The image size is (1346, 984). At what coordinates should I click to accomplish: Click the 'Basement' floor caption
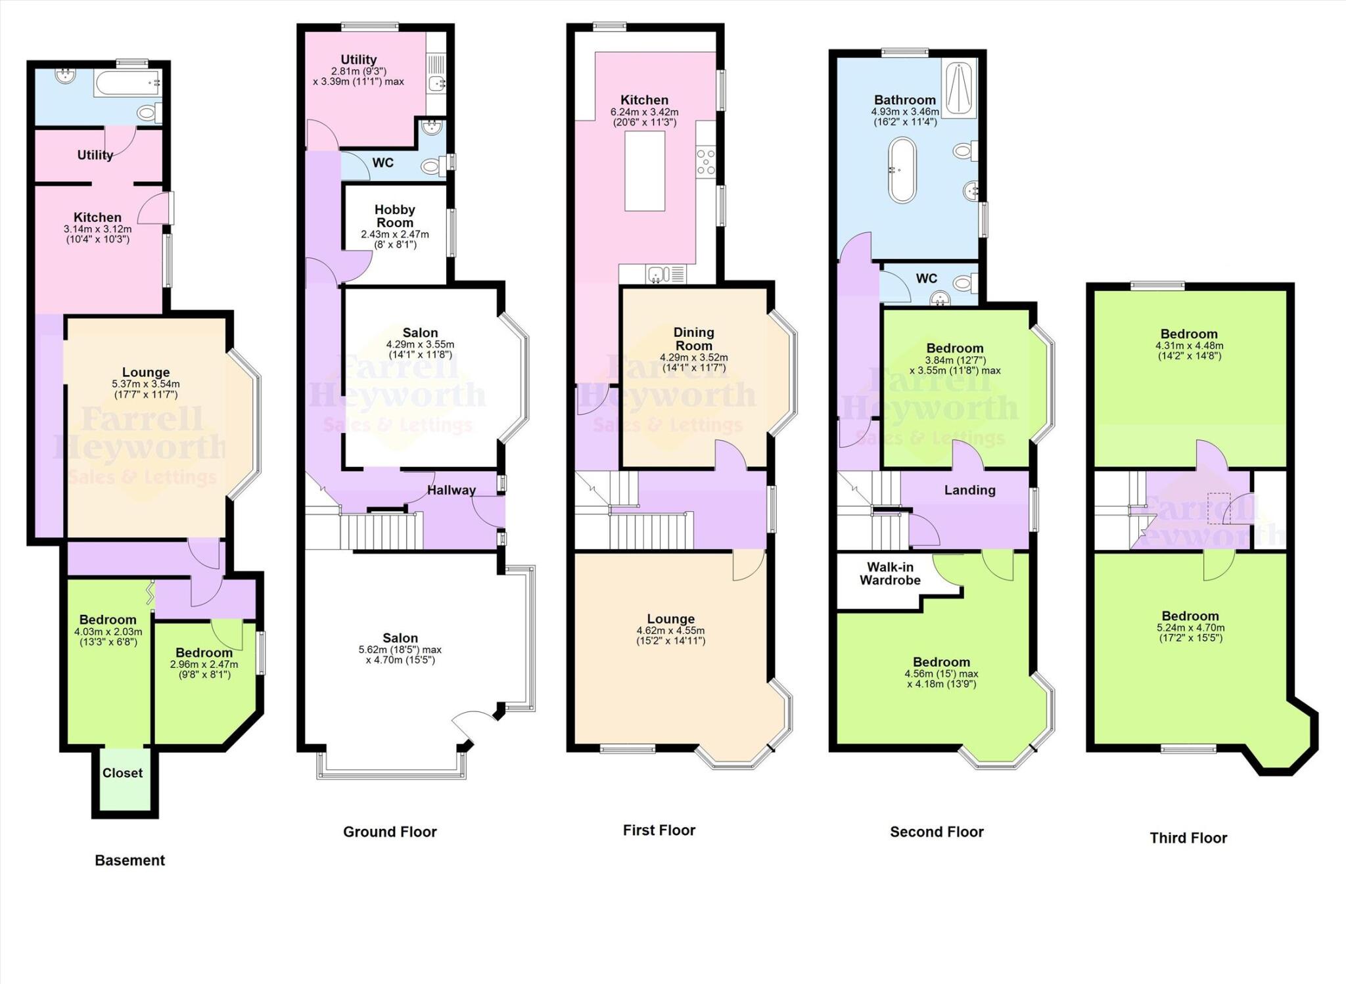pos(129,861)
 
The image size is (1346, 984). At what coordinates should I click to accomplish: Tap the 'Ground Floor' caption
pos(390,832)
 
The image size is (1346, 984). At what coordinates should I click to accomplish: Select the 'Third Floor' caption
pos(1188,838)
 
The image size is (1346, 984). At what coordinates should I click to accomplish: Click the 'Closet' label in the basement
pos(122,773)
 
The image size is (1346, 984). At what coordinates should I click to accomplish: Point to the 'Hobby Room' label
pos(394,216)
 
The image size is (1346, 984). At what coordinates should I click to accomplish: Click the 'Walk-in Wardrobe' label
pos(890,573)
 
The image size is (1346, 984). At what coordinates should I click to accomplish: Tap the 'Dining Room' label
pos(693,339)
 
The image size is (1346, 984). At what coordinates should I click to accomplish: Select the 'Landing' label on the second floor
pos(969,490)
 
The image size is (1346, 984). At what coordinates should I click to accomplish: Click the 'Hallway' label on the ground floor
pos(451,490)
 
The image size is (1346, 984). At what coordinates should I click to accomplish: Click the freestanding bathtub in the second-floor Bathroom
pos(902,169)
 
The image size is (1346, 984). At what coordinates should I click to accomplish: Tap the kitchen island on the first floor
pos(644,171)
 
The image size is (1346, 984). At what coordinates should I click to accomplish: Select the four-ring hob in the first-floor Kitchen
pos(706,162)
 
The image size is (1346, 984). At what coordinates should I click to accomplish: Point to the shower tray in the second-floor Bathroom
pos(960,89)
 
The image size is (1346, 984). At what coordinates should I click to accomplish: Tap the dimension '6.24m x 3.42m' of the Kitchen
pos(644,112)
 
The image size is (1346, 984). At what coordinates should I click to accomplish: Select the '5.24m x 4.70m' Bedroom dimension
pos(1190,627)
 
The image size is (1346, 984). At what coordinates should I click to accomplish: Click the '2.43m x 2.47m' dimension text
pos(394,235)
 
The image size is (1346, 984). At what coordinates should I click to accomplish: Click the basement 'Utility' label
pos(95,155)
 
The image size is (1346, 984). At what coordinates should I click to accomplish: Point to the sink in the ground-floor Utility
pos(436,83)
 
